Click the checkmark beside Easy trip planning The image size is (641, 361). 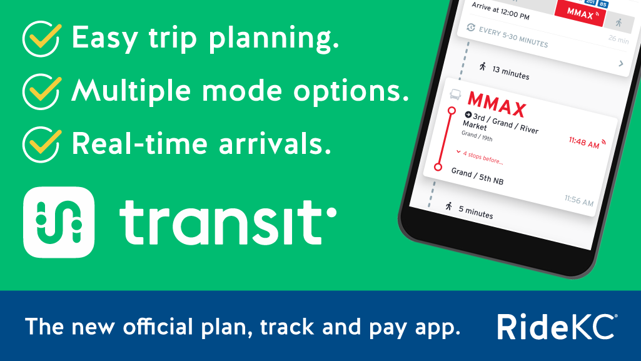point(42,39)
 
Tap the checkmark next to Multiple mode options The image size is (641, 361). point(42,91)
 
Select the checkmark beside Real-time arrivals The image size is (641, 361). point(42,145)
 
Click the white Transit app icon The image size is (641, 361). point(59,222)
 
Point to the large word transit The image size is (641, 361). point(227,222)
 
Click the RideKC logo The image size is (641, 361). point(557,327)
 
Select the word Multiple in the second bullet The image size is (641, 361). point(131,91)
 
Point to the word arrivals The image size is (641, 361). point(275,144)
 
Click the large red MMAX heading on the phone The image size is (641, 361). point(497,104)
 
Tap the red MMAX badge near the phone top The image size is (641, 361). point(580,14)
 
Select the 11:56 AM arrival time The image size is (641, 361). point(579,200)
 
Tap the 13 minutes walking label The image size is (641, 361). point(510,73)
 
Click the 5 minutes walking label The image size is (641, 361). point(475,211)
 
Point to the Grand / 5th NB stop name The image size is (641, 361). point(477,176)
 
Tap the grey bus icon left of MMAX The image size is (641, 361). point(455,94)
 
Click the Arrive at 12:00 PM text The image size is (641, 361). point(500,11)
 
